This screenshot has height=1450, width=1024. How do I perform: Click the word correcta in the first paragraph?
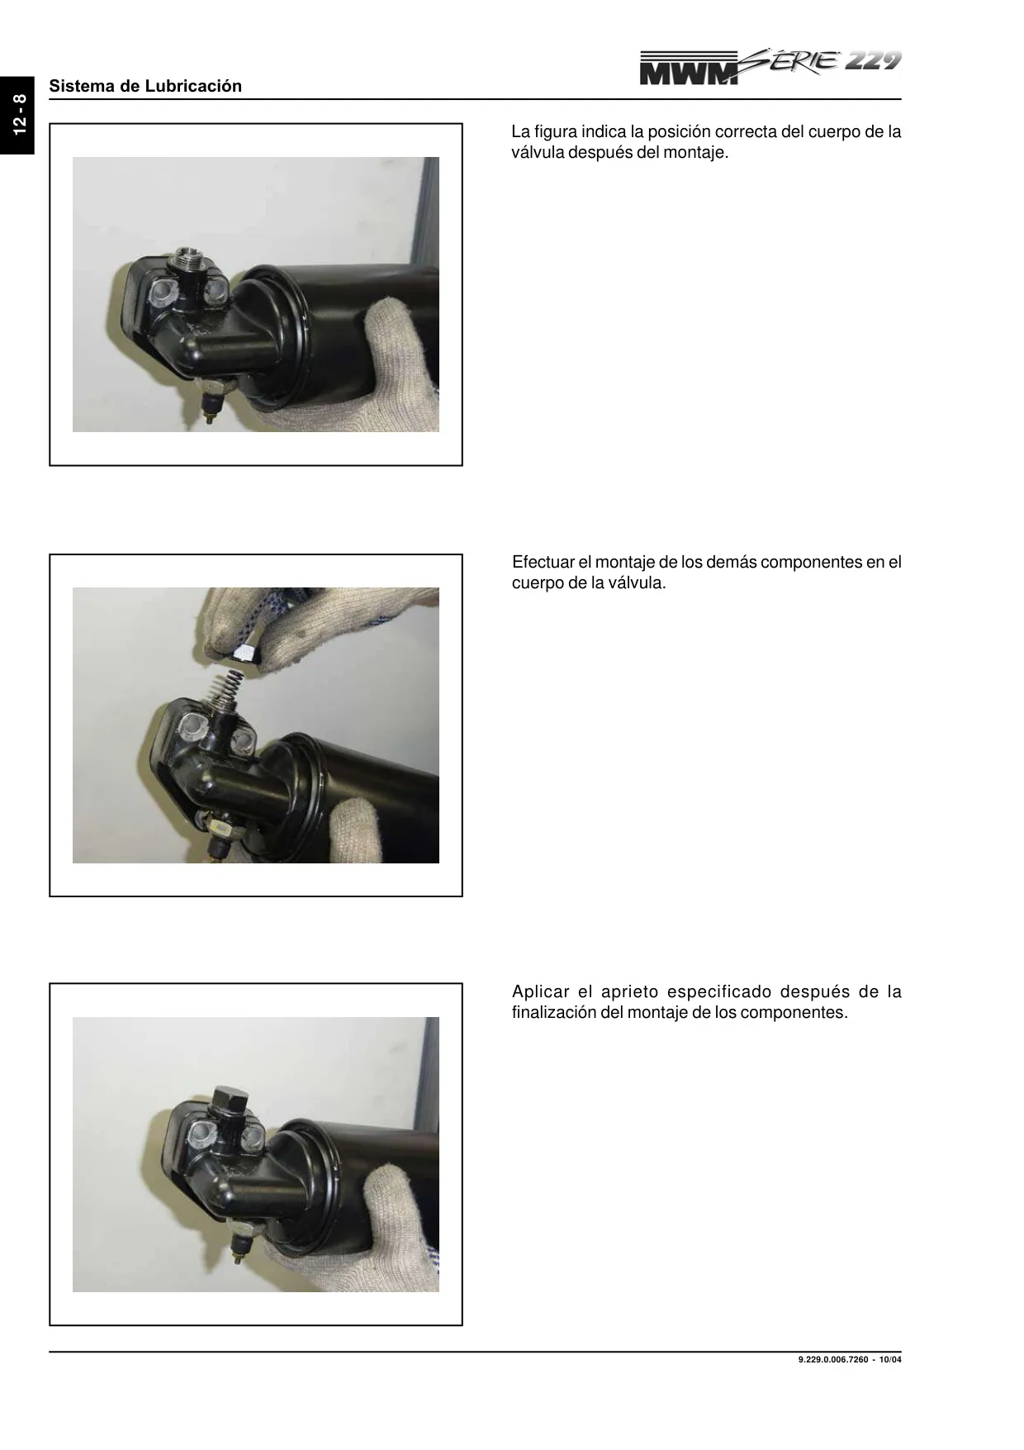coord(747,131)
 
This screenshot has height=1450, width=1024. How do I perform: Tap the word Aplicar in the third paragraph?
coord(541,992)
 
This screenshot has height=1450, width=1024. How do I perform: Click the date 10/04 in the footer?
coord(891,1361)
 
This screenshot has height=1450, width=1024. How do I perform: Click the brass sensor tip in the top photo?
coord(211,418)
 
